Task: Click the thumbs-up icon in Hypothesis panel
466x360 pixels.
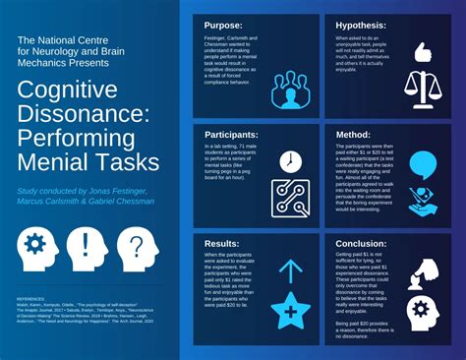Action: [x=424, y=51]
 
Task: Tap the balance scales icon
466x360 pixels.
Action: [x=424, y=92]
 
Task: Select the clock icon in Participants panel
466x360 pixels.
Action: [x=290, y=160]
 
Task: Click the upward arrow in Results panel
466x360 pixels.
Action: [x=290, y=271]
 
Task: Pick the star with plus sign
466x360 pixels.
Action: [x=290, y=313]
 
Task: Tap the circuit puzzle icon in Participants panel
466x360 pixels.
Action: [x=291, y=201]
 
